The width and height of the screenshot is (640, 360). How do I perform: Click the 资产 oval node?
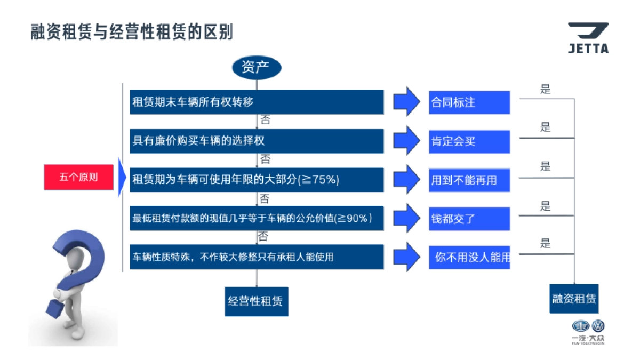pyautogui.click(x=256, y=68)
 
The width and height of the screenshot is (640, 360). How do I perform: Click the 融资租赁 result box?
pyautogui.click(x=574, y=299)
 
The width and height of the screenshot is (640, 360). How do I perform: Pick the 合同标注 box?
pyautogui.click(x=469, y=102)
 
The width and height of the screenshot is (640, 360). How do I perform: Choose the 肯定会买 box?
pyautogui.click(x=469, y=142)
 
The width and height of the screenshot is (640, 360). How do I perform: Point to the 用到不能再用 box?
pyautogui.click(x=469, y=180)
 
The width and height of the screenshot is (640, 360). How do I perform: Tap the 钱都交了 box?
pyautogui.click(x=469, y=219)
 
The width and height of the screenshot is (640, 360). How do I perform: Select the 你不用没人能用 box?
pyautogui.click(x=469, y=257)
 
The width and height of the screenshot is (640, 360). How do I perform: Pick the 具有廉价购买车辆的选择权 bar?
pyautogui.click(x=257, y=141)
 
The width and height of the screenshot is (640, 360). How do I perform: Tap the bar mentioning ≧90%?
pyautogui.click(x=257, y=218)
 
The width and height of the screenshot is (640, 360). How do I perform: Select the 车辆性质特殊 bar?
pyautogui.click(x=257, y=257)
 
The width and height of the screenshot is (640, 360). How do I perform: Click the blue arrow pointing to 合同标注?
pyautogui.click(x=407, y=102)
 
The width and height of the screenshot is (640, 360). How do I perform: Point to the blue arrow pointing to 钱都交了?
pyautogui.click(x=407, y=218)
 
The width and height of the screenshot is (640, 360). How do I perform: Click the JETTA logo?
pyautogui.click(x=588, y=38)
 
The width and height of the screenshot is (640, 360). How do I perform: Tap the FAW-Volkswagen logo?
pyautogui.click(x=588, y=331)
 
